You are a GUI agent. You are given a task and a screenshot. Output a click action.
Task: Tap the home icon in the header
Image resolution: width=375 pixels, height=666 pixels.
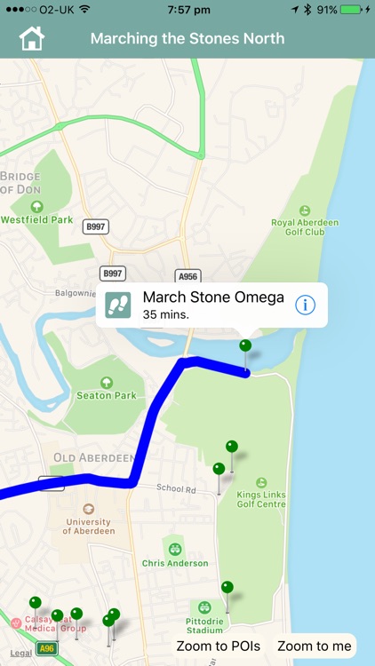pyautogui.click(x=31, y=39)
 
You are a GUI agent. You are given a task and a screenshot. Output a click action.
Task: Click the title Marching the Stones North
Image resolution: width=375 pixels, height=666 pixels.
pyautogui.click(x=187, y=39)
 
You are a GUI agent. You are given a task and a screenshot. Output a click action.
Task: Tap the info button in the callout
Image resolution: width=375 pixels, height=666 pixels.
pyautogui.click(x=305, y=305)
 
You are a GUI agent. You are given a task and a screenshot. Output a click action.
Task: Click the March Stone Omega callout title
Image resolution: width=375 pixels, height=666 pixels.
pyautogui.click(x=213, y=297)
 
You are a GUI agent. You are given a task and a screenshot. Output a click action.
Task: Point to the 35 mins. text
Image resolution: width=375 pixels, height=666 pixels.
pyautogui.click(x=166, y=314)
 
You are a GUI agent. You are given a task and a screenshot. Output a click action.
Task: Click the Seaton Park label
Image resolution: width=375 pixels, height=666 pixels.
pyautogui.click(x=107, y=395)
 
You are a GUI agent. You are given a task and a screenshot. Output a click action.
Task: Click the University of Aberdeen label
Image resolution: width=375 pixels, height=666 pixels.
pyautogui.click(x=88, y=526)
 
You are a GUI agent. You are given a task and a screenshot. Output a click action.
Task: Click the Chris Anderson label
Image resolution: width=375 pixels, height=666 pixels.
pyautogui.click(x=174, y=563)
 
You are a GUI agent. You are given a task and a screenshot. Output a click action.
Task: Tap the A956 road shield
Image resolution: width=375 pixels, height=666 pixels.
pyautogui.click(x=187, y=276)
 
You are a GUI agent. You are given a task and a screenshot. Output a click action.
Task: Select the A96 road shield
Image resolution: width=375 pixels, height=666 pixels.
pyautogui.click(x=47, y=649)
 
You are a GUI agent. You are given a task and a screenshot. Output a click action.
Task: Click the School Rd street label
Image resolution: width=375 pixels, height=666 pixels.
pyautogui.click(x=176, y=488)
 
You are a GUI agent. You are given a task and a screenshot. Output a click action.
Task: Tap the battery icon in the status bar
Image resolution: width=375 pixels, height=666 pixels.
pyautogui.click(x=353, y=10)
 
